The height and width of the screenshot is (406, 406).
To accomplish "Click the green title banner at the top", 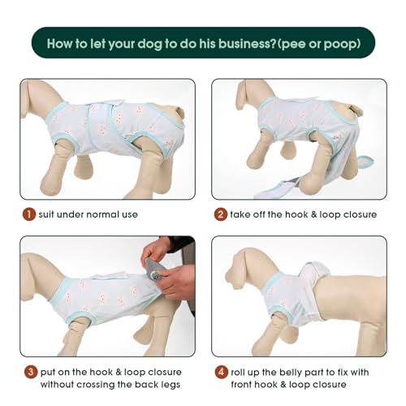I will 203,42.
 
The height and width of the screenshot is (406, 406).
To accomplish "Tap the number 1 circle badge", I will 29,214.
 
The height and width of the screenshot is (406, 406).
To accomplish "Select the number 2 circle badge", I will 220,214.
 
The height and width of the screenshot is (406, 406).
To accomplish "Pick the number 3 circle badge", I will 29,372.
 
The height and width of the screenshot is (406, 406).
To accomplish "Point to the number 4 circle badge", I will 220,372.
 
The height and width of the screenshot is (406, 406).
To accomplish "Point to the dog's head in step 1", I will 35,96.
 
